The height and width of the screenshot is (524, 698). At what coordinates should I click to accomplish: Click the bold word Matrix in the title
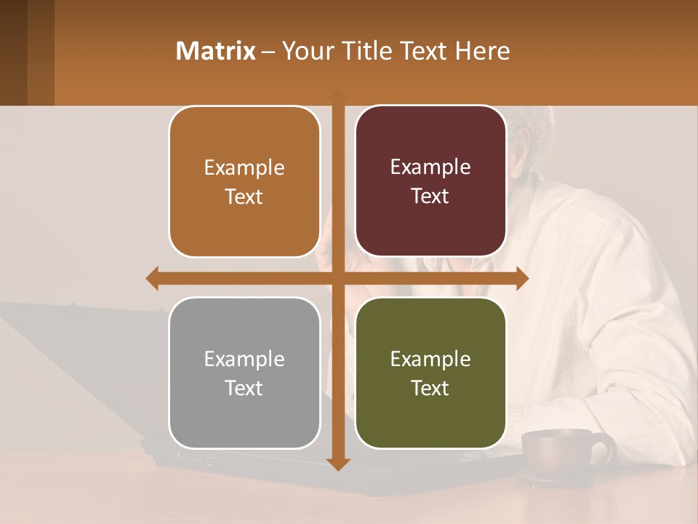pyautogui.click(x=216, y=51)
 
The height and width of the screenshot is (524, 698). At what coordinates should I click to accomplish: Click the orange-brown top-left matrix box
pyautogui.click(x=244, y=182)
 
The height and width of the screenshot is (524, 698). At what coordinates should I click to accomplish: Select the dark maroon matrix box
pyautogui.click(x=430, y=181)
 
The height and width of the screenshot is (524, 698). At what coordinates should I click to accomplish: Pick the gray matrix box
pyautogui.click(x=244, y=373)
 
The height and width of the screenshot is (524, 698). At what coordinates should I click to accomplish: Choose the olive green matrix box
pyautogui.click(x=430, y=373)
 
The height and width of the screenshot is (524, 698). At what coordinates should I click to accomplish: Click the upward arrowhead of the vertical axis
pyautogui.click(x=338, y=95)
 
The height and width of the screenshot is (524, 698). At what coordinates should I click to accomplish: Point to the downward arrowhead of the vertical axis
pyautogui.click(x=338, y=464)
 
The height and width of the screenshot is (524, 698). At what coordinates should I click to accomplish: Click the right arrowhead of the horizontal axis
pyautogui.click(x=522, y=278)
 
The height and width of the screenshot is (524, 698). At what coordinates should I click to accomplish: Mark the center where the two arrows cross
pyautogui.click(x=338, y=278)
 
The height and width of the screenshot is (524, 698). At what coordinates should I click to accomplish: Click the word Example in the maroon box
pyautogui.click(x=430, y=167)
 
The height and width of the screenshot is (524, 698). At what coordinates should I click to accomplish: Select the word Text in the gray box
pyautogui.click(x=244, y=388)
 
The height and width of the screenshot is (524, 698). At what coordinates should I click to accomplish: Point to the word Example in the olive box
pyautogui.click(x=430, y=359)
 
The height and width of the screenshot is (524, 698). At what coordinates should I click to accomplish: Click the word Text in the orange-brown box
pyautogui.click(x=244, y=196)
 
